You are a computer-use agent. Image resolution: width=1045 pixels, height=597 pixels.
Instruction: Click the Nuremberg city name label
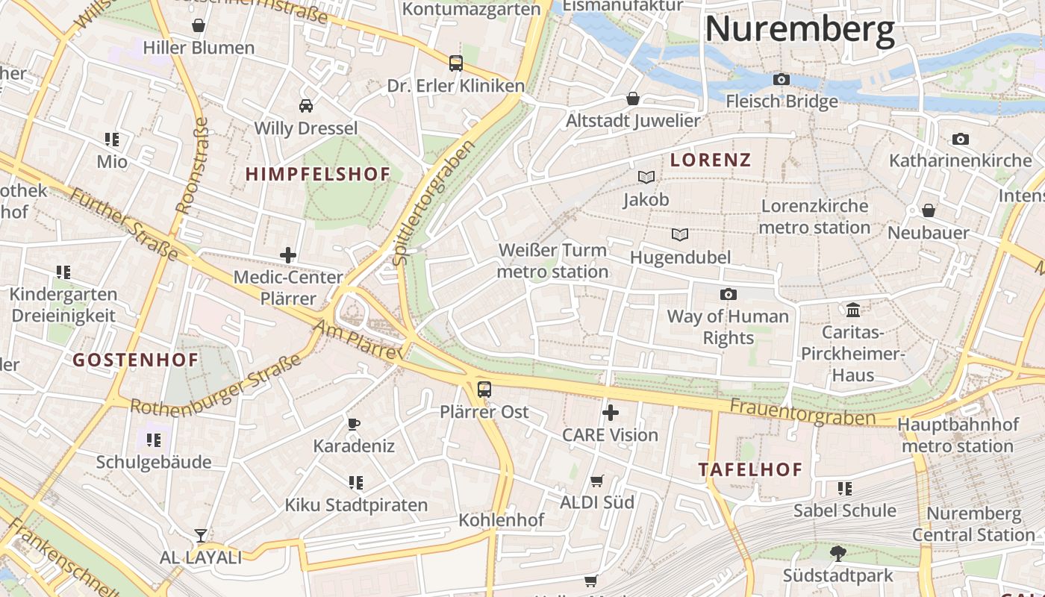pyautogui.click(x=799, y=30)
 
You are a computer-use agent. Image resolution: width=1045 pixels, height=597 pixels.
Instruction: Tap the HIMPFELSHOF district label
pyautogui.click(x=318, y=175)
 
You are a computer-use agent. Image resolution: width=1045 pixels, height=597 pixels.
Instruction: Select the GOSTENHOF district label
pyautogui.click(x=136, y=360)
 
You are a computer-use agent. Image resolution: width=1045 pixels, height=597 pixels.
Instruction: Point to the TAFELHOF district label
pyautogui.click(x=750, y=470)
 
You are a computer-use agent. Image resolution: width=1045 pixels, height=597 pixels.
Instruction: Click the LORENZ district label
pyautogui.click(x=711, y=160)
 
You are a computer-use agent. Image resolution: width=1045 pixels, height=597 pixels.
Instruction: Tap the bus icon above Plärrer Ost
pyautogui.click(x=484, y=389)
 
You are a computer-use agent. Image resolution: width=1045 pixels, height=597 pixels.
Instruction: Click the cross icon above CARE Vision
pyautogui.click(x=611, y=413)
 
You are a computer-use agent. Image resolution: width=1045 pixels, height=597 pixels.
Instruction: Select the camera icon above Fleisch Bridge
pyautogui.click(x=782, y=79)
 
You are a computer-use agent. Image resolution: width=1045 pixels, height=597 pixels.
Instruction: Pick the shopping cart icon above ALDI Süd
pyautogui.click(x=596, y=481)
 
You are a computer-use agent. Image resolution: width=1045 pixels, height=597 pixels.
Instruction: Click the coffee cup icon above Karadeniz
pyautogui.click(x=354, y=424)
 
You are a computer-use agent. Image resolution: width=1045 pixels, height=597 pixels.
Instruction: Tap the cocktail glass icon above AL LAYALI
pyautogui.click(x=201, y=535)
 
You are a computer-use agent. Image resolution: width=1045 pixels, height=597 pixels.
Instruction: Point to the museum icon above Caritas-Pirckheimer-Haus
pyautogui.click(x=852, y=310)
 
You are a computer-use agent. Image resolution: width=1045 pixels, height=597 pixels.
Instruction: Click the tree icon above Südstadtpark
pyautogui.click(x=837, y=553)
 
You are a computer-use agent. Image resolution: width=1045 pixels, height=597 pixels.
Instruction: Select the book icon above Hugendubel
pyautogui.click(x=679, y=235)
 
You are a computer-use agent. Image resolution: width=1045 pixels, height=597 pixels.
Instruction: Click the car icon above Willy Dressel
pyautogui.click(x=306, y=105)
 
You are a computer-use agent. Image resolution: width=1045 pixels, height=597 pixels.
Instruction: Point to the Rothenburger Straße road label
pyautogui.click(x=216, y=384)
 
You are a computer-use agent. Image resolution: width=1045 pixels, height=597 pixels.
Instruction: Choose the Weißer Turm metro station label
pyautogui.click(x=553, y=260)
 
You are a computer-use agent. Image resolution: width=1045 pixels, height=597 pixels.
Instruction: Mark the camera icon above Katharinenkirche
pyautogui.click(x=961, y=139)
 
